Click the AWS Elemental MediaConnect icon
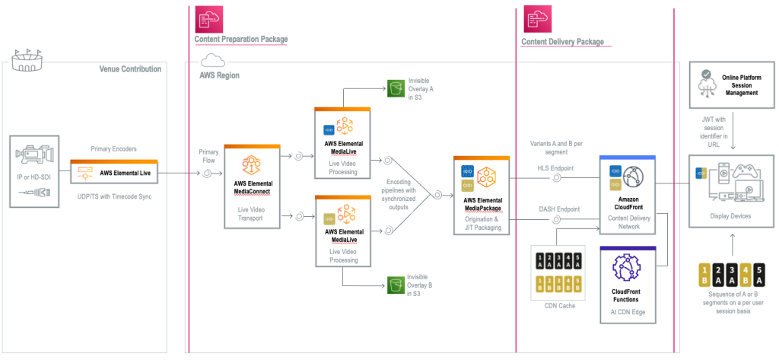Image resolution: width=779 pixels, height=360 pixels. pos(252,165)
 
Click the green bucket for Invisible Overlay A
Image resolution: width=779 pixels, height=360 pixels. pos(395,88)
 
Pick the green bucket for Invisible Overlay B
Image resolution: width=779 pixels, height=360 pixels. pos(395,286)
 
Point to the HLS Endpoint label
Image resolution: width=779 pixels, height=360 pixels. pos(555,167)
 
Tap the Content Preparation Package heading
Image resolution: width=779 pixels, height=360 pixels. pos(241,39)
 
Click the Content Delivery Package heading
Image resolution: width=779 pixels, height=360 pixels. pos(563,41)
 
